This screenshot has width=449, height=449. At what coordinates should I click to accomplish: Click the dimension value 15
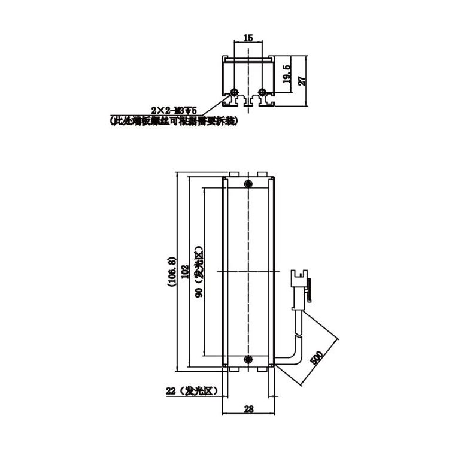pyautogui.click(x=248, y=38)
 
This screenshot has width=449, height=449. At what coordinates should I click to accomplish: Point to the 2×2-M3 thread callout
pyautogui.click(x=174, y=110)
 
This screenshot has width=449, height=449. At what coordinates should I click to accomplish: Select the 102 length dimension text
pyautogui.click(x=185, y=271)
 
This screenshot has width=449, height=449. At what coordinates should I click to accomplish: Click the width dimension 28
pyautogui.click(x=248, y=409)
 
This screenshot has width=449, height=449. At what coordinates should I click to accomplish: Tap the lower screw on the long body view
pyautogui.click(x=248, y=359)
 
